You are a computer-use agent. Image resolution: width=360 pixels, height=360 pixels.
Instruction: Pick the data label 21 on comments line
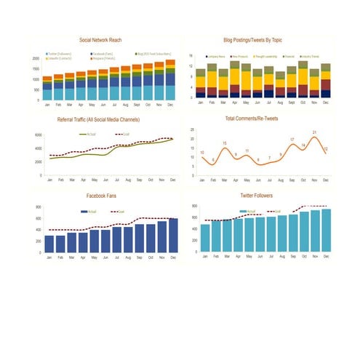(314, 132)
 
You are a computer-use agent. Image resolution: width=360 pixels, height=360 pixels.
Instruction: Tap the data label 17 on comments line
(292, 139)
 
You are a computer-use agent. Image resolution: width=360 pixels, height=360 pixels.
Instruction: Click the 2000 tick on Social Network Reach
(36, 59)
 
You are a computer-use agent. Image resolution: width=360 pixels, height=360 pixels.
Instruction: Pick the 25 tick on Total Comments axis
(192, 129)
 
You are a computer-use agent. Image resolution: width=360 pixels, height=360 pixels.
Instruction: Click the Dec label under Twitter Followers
(326, 256)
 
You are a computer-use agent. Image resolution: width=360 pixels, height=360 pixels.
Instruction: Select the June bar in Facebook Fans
(105, 241)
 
